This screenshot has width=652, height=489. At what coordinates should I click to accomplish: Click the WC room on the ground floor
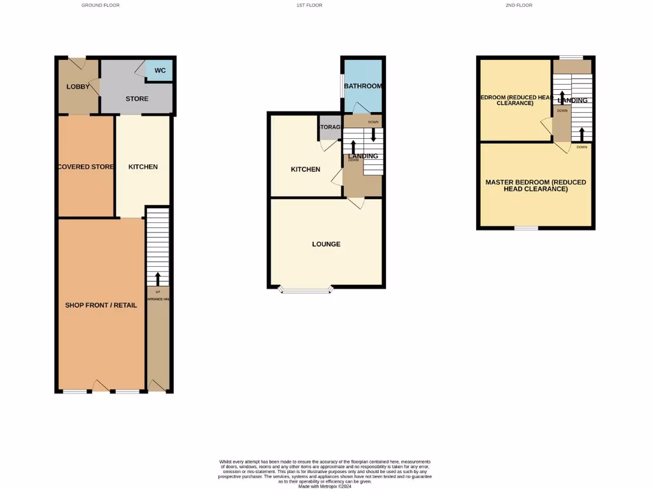pos(159,70)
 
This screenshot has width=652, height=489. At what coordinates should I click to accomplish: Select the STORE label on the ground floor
pos(137,99)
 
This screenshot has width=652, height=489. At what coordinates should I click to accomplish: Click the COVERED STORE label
pos(85,167)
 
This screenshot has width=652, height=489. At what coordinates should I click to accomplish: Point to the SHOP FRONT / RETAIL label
pos(101,305)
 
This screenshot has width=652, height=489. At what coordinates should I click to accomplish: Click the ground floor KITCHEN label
pos(143,167)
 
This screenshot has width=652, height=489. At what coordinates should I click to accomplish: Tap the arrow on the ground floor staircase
pos(157,278)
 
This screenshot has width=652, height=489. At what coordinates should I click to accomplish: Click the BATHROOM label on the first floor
pos(362,86)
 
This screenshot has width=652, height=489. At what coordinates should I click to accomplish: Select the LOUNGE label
pos(326,244)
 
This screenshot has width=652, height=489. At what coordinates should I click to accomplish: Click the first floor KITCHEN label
pos(305,169)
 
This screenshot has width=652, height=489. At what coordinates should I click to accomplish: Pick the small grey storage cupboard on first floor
pos(329,127)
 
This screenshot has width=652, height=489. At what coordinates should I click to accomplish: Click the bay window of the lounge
pos(306,290)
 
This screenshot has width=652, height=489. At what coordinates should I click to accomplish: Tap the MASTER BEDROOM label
pos(535,185)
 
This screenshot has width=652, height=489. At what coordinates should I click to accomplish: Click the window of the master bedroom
pos(526,228)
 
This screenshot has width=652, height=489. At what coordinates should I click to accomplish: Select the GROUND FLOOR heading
pos(101,5)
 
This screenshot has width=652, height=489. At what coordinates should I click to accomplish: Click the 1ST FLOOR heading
pos(309,5)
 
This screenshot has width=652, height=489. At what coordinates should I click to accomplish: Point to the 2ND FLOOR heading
pos(518,5)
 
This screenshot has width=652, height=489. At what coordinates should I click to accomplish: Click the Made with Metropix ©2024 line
pos(325,486)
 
